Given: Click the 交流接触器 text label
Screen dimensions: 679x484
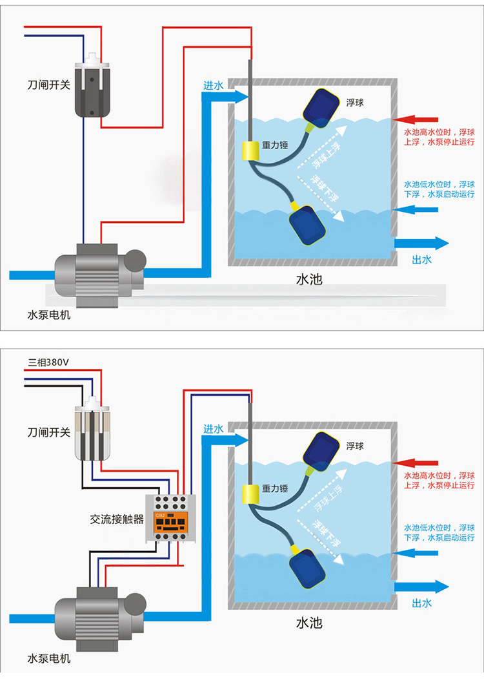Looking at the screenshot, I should pos(117,519).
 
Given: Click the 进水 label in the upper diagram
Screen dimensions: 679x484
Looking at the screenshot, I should pos(213,85).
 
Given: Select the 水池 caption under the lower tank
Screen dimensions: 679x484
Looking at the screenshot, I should pos(308,623).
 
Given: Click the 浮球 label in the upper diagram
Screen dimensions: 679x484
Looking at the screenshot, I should pos(355,103).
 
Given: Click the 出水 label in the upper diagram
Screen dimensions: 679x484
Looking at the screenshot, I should pos(421,260).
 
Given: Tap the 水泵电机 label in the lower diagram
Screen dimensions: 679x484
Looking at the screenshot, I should pos(49,659).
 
